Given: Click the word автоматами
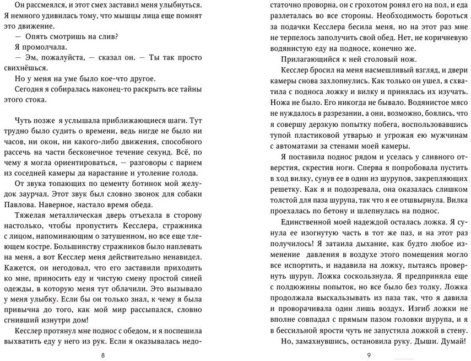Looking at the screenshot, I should (290, 146).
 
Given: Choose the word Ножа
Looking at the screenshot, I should (284, 103).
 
